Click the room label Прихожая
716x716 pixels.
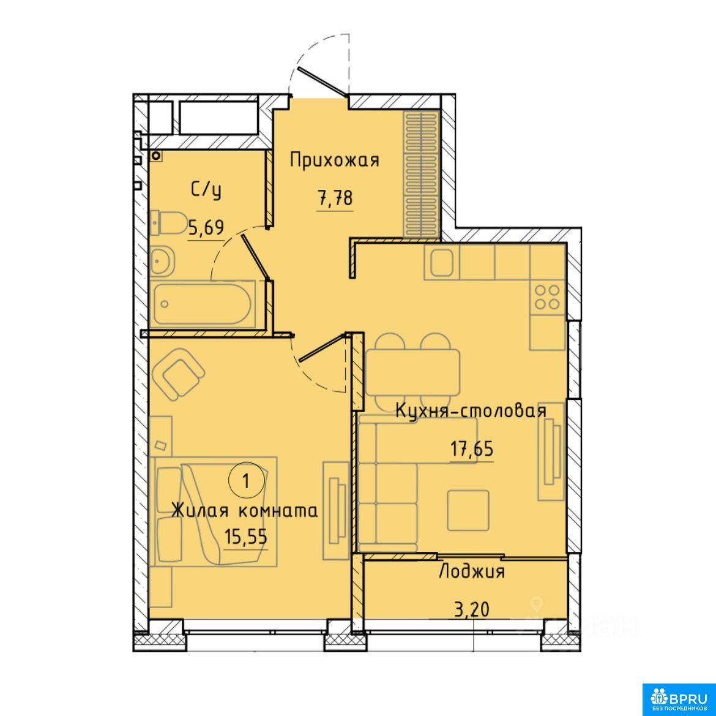tap(335, 160)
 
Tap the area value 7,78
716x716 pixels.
tap(335, 199)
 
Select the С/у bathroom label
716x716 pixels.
tap(206, 190)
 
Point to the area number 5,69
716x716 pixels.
tap(206, 227)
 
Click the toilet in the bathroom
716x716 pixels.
tap(168, 222)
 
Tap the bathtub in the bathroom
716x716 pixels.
tap(203, 304)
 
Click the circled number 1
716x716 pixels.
tap(247, 481)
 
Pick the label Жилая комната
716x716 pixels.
tap(244, 511)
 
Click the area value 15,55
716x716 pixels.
tap(245, 537)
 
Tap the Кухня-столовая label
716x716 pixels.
tap(471, 410)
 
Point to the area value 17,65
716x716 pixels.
tap(472, 449)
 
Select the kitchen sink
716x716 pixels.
tap(442, 262)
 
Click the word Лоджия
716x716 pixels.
tap(472, 571)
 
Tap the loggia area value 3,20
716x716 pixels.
tap(472, 609)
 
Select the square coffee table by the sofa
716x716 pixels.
tap(468, 510)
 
